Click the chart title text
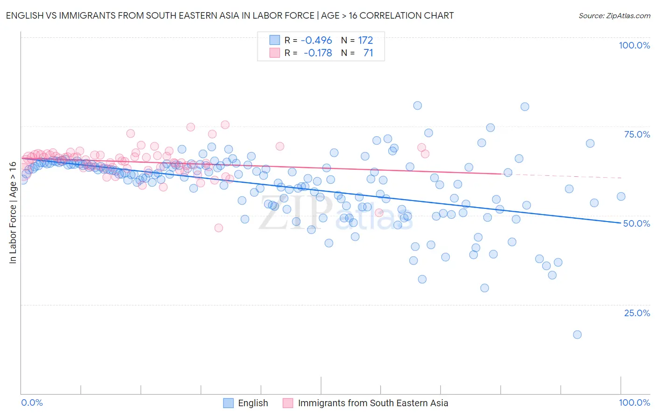(x=230, y=15)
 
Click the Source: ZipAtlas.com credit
(x=614, y=15)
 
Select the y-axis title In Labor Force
(x=13, y=213)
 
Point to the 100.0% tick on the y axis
(x=634, y=45)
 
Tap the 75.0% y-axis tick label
(x=637, y=134)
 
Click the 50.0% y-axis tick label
(x=637, y=223)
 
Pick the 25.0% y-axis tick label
(x=637, y=313)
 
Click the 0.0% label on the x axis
(x=32, y=402)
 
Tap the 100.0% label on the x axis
(x=634, y=402)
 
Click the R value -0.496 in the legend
(x=316, y=40)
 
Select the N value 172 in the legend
(x=365, y=40)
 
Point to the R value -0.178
(x=318, y=53)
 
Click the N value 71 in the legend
(x=368, y=53)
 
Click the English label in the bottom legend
(x=253, y=403)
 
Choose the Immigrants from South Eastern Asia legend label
(x=373, y=403)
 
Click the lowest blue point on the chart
(x=577, y=334)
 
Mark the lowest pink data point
(x=218, y=228)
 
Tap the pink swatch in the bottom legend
(x=288, y=403)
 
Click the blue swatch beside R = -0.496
(x=275, y=40)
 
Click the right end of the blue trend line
(x=621, y=223)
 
